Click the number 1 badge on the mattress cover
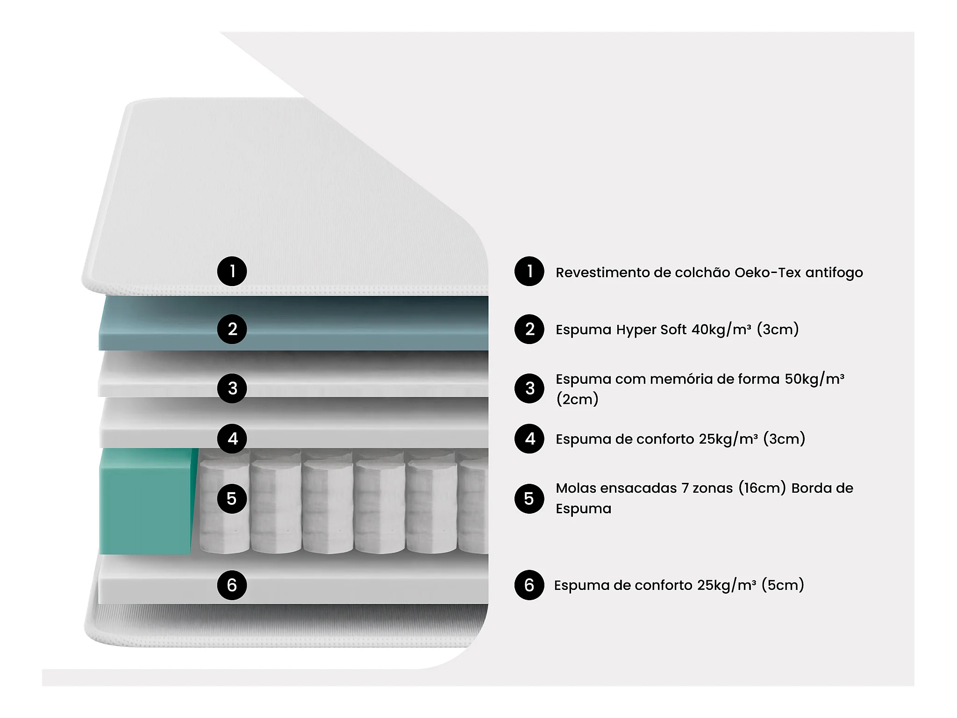232,271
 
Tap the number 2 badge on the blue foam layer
232,329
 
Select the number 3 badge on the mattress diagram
232,388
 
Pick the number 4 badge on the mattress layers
232,438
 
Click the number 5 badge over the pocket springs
232,499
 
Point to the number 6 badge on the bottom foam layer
232,585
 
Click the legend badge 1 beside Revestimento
529,271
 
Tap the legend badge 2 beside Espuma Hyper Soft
529,329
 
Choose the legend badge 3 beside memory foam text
529,388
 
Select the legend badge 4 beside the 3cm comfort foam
529,438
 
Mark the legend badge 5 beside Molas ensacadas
529,499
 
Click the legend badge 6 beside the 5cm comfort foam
529,585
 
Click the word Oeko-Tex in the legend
767,273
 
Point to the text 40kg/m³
721,330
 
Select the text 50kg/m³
814,379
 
